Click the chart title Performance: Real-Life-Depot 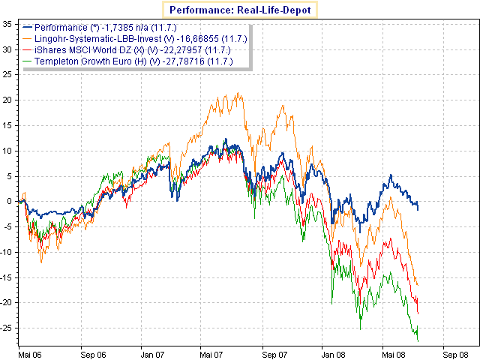tap(239, 10)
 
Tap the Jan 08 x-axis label tap(332, 352)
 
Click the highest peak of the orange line tap(238, 94)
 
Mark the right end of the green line tap(418, 341)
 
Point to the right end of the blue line tap(418, 208)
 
